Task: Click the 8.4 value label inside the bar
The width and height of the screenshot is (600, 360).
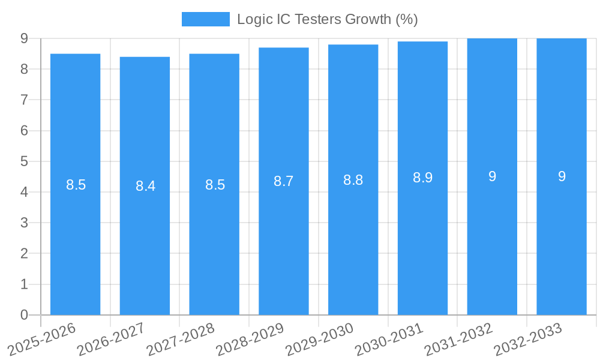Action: pos(145,186)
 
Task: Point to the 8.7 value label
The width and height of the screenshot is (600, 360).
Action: pos(284,181)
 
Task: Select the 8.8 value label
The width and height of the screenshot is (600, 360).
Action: pos(353,180)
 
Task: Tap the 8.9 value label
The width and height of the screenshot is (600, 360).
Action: pos(422,178)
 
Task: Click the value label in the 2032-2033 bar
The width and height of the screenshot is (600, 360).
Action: pos(562,176)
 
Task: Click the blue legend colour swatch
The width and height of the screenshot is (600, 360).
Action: pos(206,19)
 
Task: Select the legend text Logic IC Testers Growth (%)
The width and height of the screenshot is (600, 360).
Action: pos(327,19)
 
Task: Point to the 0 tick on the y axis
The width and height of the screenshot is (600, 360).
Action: pos(24,315)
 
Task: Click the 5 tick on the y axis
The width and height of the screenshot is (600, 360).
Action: pos(24,161)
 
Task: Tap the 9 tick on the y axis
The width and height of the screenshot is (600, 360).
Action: pos(24,38)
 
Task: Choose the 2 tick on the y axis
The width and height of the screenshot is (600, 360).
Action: pos(24,254)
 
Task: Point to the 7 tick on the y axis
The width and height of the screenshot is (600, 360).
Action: pos(24,100)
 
